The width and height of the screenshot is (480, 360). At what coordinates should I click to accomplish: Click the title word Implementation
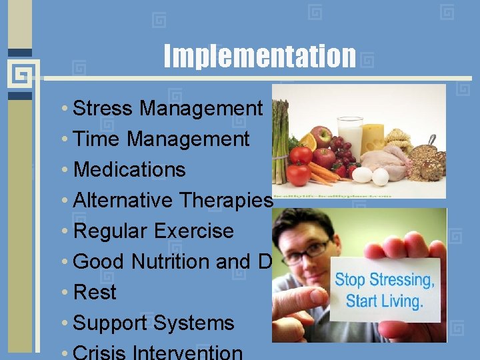(260, 56)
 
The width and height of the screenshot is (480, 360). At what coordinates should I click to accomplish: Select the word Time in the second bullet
(97, 139)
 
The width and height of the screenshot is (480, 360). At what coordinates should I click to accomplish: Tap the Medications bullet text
(129, 169)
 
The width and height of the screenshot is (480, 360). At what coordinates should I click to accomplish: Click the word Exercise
(193, 231)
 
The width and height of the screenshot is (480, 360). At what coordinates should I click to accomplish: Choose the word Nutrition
(171, 261)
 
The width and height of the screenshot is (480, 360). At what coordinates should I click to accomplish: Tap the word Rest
(95, 292)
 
